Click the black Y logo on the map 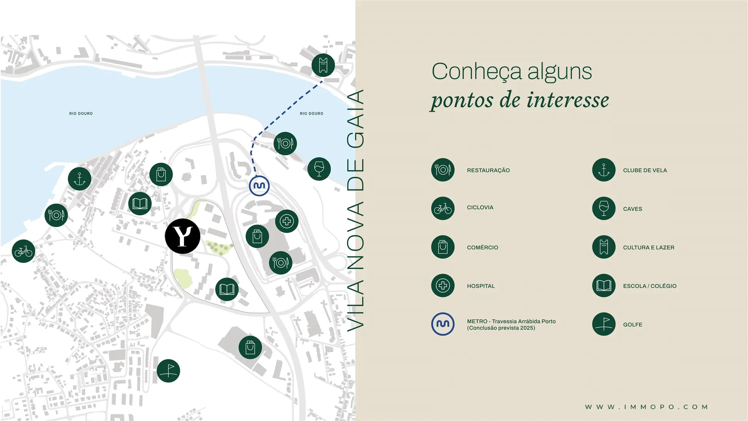tap(182, 236)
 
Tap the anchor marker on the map tap(79, 179)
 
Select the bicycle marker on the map tap(23, 251)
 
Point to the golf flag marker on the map tap(168, 371)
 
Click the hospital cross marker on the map tap(287, 221)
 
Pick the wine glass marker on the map tap(319, 169)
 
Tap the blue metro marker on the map tap(259, 186)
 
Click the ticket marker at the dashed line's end tap(323, 65)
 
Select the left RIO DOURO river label tap(81, 114)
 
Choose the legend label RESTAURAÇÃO tap(488, 171)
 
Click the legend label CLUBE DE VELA tap(645, 171)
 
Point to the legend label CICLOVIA tap(480, 208)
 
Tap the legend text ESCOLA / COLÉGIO tap(649, 286)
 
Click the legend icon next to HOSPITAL tap(443, 286)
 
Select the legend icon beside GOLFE tap(604, 324)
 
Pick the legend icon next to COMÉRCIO tap(443, 247)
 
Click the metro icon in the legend tap(443, 324)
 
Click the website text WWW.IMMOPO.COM tap(646, 407)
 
